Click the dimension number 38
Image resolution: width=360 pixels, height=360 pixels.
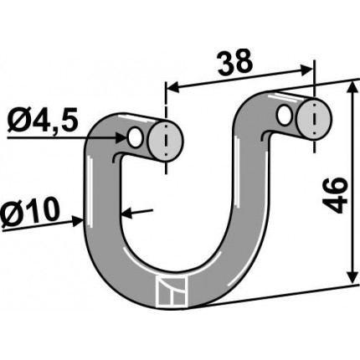[235, 64]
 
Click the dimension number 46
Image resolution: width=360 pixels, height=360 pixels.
[335, 195]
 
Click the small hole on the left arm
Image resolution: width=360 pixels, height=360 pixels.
[135, 138]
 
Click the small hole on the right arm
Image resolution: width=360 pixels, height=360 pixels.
[285, 115]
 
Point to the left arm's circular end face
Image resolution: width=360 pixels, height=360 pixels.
[166, 141]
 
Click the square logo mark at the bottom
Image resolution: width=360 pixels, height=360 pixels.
[172, 292]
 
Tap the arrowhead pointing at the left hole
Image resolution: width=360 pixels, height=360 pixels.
[121, 137]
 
